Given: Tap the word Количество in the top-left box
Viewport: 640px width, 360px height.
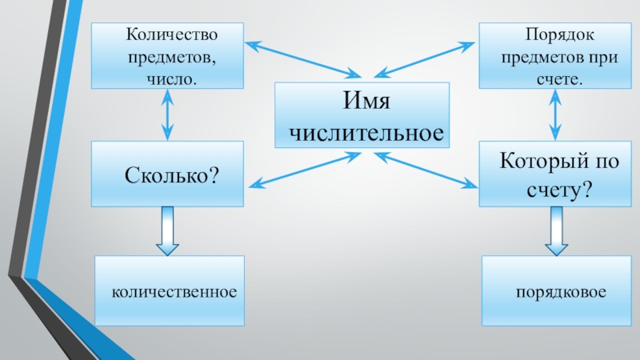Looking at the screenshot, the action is (x=167, y=37).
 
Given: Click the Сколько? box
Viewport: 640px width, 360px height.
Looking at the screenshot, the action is (x=166, y=173).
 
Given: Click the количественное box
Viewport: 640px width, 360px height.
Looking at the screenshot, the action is (x=170, y=290).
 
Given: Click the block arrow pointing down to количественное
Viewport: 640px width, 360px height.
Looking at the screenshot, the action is (x=166, y=230).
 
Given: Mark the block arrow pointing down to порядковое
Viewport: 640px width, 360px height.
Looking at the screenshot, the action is (x=554, y=230).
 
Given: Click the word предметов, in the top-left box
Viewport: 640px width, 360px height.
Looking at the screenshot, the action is (x=167, y=58).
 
